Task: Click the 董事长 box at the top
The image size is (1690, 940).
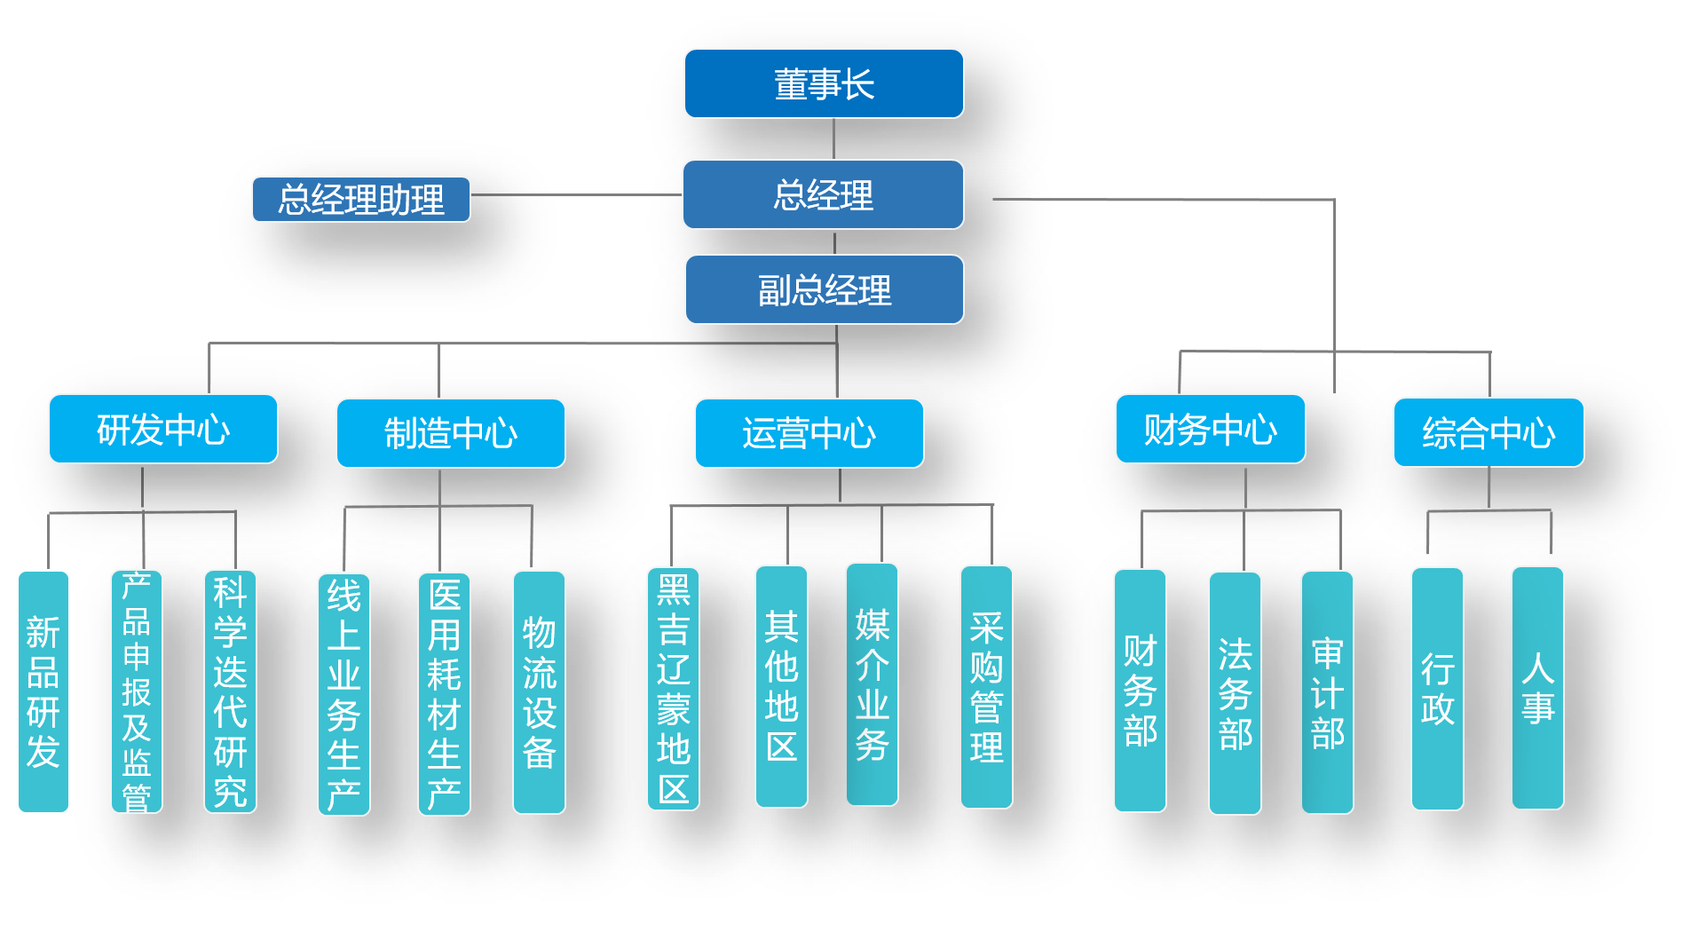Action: [x=824, y=83]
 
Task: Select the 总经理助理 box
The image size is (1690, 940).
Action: [x=361, y=199]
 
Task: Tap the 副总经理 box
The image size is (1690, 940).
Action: [x=824, y=289]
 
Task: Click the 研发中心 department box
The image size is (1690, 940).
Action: [x=163, y=429]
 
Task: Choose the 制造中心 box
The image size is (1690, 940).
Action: [x=450, y=433]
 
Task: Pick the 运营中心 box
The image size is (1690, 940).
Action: [x=809, y=433]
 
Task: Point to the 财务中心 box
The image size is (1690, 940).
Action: [x=1210, y=429]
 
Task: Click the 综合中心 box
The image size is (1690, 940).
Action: [x=1489, y=432]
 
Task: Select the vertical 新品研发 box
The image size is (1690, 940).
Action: [x=43, y=691]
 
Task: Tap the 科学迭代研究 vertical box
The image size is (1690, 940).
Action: [x=230, y=691]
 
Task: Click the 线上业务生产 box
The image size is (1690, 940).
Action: [x=344, y=694]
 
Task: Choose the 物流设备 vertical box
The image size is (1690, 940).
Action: [x=539, y=692]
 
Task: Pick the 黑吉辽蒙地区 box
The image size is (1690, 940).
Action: [x=673, y=689]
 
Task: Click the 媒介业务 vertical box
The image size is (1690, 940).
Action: [x=872, y=684]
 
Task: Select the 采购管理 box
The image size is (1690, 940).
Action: [x=986, y=687]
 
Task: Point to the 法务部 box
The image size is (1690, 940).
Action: [x=1235, y=693]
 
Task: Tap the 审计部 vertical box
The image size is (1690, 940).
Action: [x=1327, y=692]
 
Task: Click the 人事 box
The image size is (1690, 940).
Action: [x=1537, y=688]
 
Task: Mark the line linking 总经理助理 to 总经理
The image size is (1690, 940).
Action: [x=576, y=194]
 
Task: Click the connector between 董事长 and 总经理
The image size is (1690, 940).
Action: [x=833, y=138]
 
